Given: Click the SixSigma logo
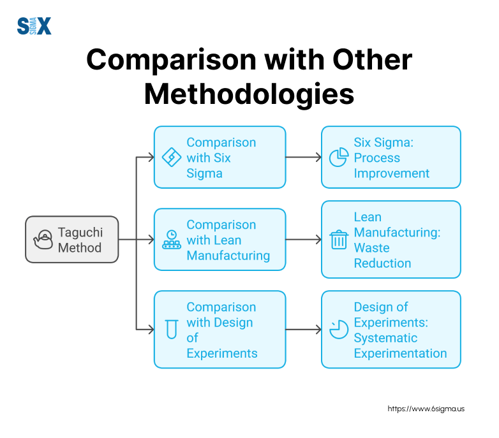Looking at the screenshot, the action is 34,26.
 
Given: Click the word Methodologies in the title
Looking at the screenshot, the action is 249,94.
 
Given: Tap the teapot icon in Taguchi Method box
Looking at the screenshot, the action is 43,239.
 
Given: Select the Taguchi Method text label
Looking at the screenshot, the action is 80,239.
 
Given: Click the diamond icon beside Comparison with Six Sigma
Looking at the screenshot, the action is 172,157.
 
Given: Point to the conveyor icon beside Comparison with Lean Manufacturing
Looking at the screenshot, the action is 172,239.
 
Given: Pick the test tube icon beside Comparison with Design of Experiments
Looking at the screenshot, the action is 170,330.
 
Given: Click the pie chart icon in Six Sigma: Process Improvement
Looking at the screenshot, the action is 338,157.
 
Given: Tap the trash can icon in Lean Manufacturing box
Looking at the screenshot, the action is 338,240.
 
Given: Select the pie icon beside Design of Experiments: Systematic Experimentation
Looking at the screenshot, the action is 338,329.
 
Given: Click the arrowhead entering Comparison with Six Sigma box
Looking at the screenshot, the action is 151,157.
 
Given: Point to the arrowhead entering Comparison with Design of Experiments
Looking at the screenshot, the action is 151,330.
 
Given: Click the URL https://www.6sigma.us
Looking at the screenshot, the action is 426,408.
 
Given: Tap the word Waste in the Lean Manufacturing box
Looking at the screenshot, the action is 371,247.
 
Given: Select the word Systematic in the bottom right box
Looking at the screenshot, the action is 385,337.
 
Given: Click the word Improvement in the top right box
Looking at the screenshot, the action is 392,173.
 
